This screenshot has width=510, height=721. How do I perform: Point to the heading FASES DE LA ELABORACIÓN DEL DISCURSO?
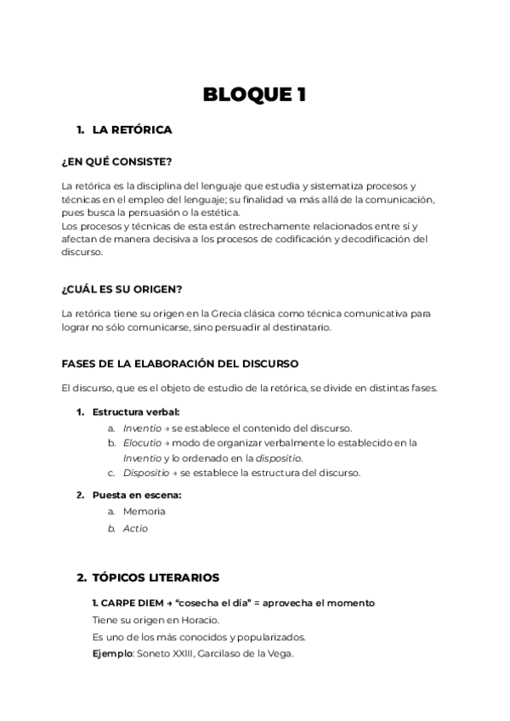pos(180,363)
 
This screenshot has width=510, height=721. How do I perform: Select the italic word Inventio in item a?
pos(141,428)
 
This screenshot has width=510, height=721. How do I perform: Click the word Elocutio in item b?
pos(141,443)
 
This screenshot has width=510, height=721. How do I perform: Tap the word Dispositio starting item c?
pos(144,473)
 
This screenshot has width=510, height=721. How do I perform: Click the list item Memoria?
pos(144,512)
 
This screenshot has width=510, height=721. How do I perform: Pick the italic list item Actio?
pos(135,528)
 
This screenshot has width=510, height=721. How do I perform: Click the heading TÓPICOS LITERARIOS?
pos(156,577)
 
